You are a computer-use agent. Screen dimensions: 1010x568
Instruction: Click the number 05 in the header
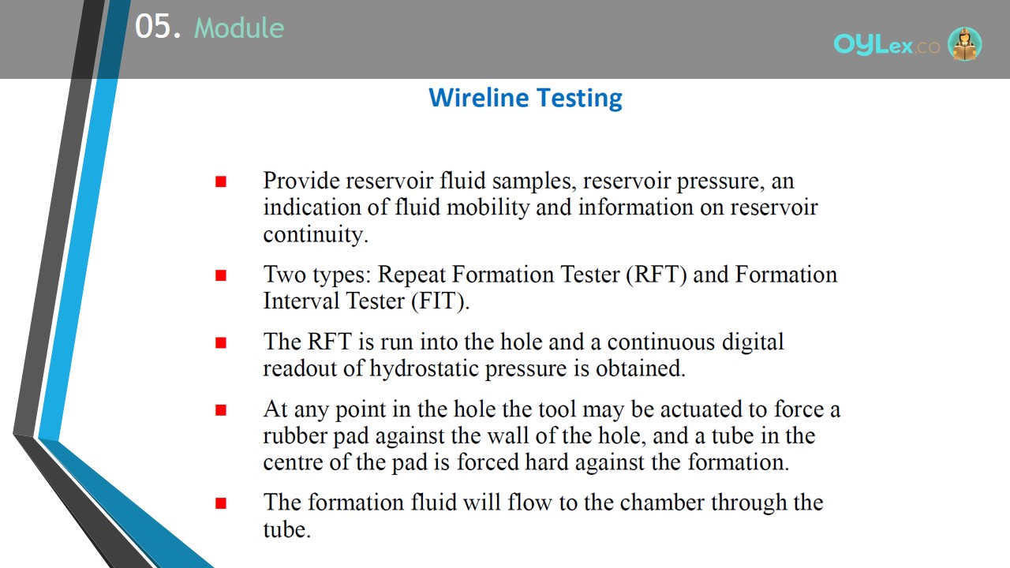tap(153, 26)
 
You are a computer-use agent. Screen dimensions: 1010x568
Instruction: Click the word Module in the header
tap(239, 28)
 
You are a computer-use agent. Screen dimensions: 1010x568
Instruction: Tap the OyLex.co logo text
tap(886, 45)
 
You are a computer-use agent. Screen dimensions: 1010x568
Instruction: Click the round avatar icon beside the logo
tap(964, 43)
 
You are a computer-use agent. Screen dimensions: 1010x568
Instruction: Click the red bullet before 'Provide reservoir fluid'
tap(221, 181)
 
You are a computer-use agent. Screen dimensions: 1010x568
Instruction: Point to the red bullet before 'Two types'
tap(221, 275)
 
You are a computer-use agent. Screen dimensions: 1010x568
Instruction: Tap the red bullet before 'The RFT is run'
tap(221, 343)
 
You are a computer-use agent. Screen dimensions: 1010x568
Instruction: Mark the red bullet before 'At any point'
tap(221, 410)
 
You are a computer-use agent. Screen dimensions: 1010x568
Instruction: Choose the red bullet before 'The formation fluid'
tap(221, 503)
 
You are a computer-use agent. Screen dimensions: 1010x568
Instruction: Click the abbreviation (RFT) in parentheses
tap(656, 275)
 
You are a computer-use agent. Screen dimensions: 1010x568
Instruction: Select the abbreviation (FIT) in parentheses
tap(440, 301)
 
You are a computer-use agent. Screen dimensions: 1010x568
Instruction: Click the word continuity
tap(316, 234)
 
